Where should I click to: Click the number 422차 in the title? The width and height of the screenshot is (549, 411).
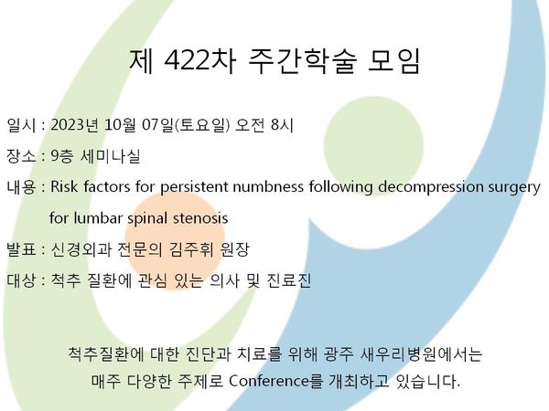[199, 61]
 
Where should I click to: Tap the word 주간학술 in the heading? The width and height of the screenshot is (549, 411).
[303, 61]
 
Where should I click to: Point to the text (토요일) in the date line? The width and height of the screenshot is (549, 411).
[202, 125]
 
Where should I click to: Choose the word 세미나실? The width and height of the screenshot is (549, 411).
[111, 156]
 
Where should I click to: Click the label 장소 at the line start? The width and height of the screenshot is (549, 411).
[21, 156]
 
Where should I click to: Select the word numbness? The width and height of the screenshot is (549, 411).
[268, 186]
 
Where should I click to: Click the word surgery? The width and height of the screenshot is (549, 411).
[514, 188]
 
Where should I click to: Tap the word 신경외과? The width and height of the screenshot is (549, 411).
[81, 249]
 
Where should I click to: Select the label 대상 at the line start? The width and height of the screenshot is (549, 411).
[21, 280]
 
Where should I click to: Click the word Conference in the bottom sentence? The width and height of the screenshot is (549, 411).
[269, 381]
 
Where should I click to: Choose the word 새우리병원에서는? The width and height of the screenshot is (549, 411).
[421, 354]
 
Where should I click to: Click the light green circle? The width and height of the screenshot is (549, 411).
[373, 146]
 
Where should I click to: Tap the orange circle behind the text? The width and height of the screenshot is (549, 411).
[175, 241]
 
